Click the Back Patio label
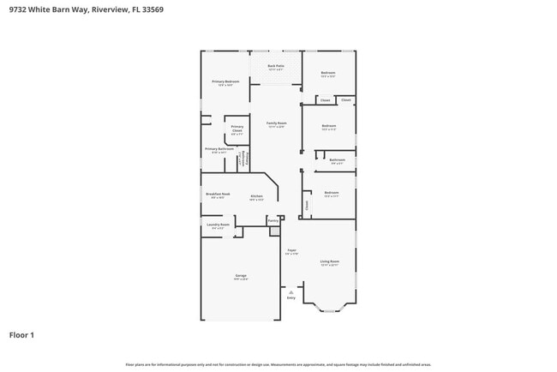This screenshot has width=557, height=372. (x=275, y=65)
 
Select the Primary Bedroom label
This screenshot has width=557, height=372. (x=225, y=81)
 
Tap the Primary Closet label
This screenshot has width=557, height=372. (x=237, y=129)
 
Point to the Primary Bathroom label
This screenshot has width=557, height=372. (x=219, y=149)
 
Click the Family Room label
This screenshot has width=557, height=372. (x=275, y=123)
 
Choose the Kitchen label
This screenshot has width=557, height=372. (x=256, y=195)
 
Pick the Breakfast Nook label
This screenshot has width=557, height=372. (x=218, y=194)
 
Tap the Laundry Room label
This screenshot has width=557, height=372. (x=218, y=225)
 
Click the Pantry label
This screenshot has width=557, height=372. (x=273, y=220)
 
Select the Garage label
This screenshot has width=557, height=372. (x=241, y=276)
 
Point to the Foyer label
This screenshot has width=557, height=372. (x=291, y=251)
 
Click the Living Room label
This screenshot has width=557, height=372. (x=329, y=261)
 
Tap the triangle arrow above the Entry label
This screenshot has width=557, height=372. (x=290, y=291)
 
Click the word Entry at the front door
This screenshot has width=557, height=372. (x=290, y=297)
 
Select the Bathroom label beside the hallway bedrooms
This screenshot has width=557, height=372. (x=338, y=159)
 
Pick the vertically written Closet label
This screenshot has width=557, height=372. (x=307, y=205)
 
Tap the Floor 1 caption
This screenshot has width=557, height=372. (x=21, y=335)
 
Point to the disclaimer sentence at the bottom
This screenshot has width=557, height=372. (x=278, y=364)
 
